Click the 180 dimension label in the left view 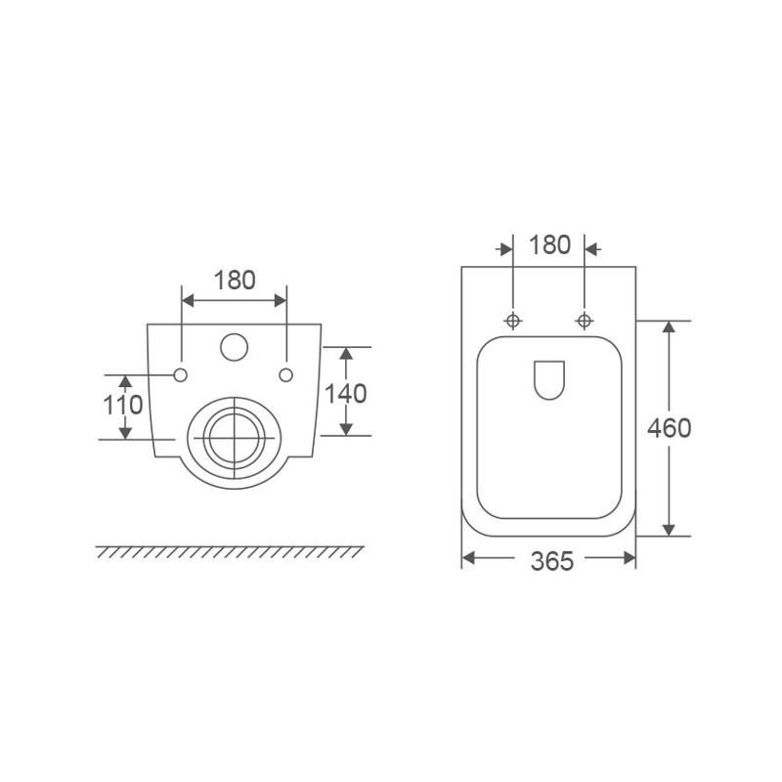coord(235,281)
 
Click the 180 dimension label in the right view coord(549,245)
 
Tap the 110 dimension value coord(123,405)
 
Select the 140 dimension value coord(346,393)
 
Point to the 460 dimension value coord(670,428)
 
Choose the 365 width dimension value coord(552,561)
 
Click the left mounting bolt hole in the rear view coord(181,374)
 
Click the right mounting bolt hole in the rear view coord(285,374)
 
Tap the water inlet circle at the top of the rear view coord(234,347)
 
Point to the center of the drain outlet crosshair coord(234,437)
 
